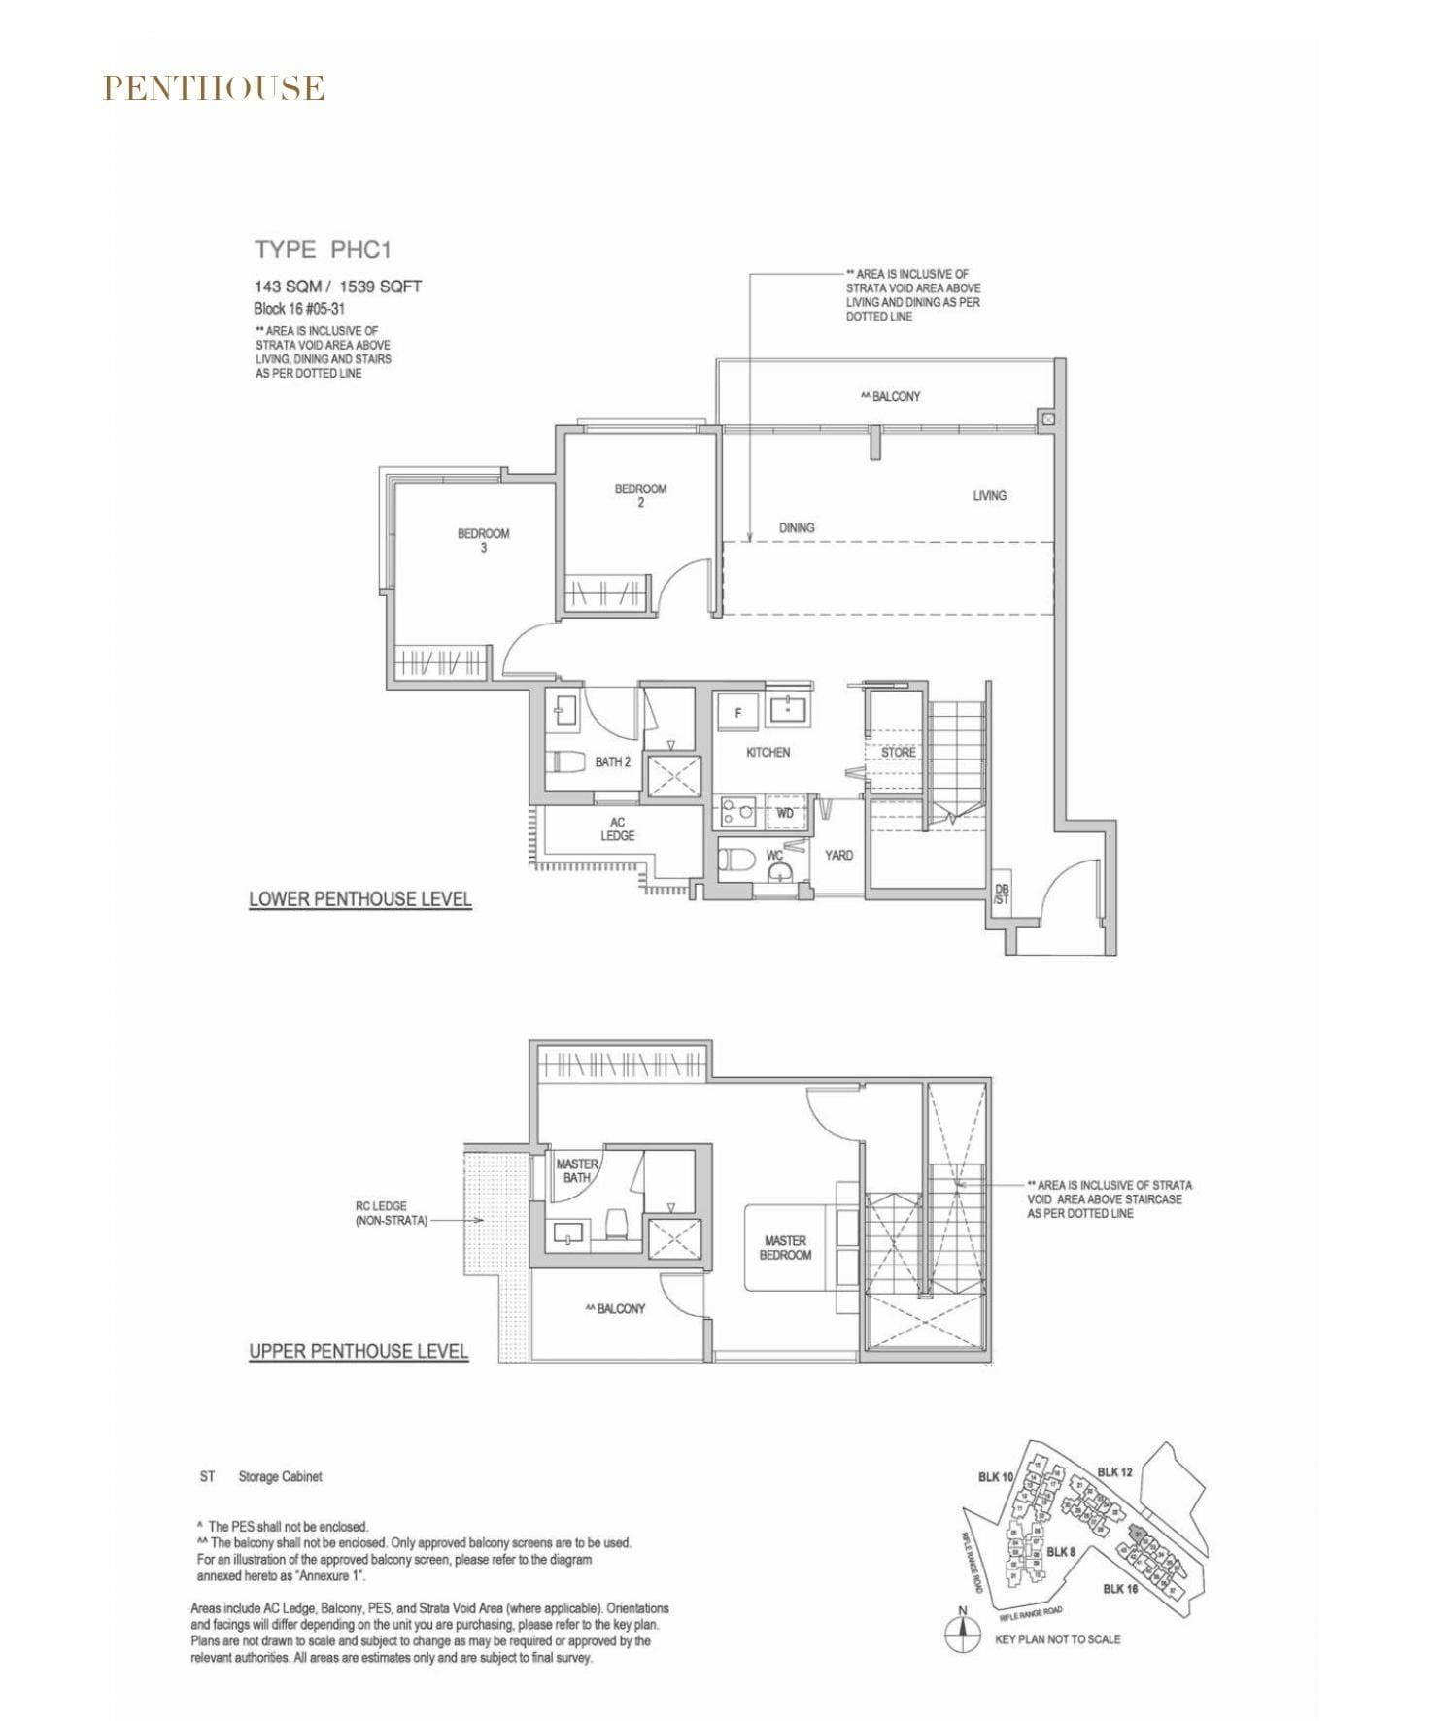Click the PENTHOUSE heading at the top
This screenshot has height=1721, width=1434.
(214, 88)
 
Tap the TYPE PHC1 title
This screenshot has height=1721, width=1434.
(323, 250)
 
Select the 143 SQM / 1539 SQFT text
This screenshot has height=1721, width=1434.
(337, 287)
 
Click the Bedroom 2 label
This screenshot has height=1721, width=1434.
(640, 494)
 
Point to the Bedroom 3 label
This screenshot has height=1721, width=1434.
(483, 540)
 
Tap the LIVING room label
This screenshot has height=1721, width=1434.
(989, 495)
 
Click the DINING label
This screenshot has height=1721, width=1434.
(796, 527)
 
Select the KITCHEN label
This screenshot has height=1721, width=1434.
(768, 752)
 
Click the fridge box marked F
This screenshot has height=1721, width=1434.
(737, 713)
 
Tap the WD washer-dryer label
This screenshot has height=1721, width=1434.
(784, 813)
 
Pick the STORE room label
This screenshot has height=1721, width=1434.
(898, 752)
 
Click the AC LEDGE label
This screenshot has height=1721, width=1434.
(617, 828)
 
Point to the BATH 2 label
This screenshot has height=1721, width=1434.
(612, 761)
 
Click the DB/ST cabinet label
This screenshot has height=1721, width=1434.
(1001, 894)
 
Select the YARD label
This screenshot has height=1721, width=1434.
(838, 855)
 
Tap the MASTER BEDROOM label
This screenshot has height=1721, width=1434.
(785, 1247)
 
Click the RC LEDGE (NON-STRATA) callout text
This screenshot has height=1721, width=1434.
(391, 1213)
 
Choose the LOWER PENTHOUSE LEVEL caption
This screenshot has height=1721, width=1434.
(359, 899)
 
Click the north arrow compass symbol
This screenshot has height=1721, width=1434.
(962, 1635)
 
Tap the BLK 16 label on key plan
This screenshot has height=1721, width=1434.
(1119, 1589)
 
